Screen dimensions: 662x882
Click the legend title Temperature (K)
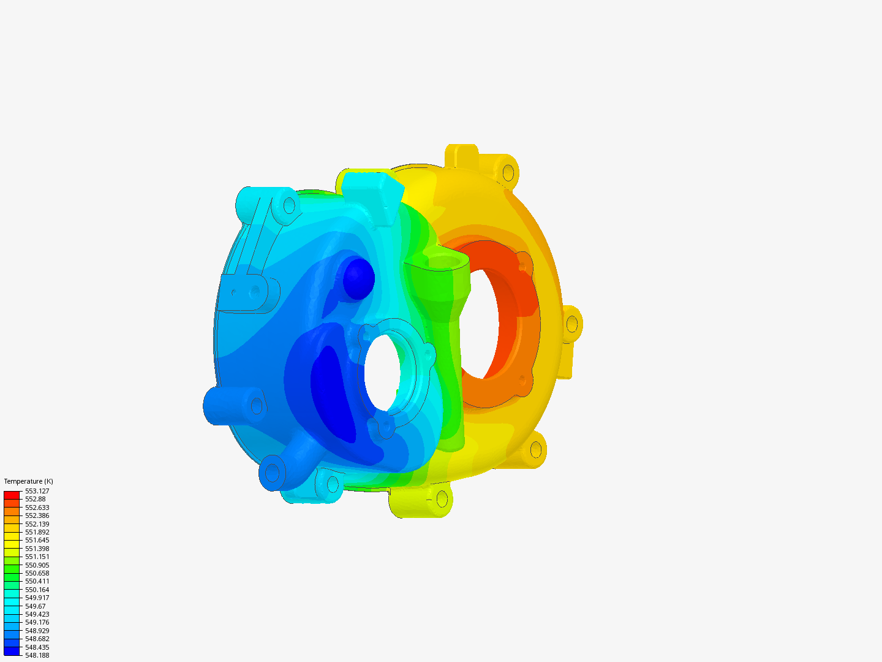pos(28,481)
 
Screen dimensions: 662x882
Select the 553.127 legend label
pos(37,491)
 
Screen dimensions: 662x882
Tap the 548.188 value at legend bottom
pos(37,655)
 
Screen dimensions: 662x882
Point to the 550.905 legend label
pos(37,565)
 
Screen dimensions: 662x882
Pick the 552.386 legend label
pos(37,516)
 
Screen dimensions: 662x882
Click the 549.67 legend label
pos(35,606)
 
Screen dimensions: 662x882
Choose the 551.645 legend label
pos(37,540)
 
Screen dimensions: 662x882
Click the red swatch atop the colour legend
pos(12,495)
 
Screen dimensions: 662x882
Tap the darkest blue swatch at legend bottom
pos(12,651)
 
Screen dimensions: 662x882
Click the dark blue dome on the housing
pos(358,279)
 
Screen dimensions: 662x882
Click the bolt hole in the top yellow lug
pos(508,172)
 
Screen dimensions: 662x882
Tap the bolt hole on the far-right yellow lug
pos(572,323)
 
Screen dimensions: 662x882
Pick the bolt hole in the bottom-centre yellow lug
pos(442,500)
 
